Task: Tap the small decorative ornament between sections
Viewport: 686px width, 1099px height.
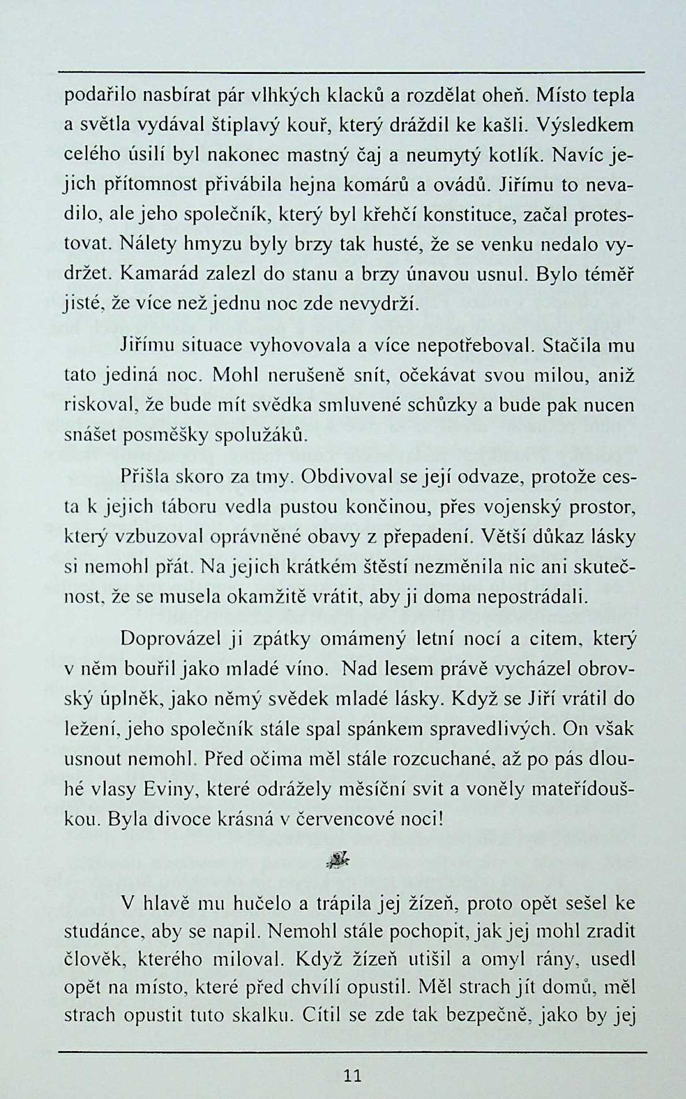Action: (339, 861)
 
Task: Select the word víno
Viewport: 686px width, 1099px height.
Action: (306, 670)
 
